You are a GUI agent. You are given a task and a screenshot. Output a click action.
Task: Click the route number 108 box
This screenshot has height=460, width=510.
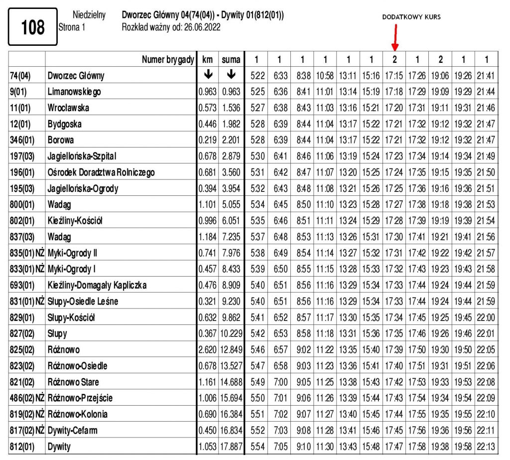point(33,27)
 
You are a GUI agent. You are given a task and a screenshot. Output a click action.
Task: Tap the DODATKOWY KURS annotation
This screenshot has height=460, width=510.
point(411,16)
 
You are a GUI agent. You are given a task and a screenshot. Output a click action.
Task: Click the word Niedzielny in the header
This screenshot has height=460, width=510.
point(89,15)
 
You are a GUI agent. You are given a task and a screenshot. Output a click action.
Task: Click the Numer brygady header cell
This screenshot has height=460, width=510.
point(167,60)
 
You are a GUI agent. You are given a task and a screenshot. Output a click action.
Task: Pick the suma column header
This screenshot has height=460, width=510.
point(231,60)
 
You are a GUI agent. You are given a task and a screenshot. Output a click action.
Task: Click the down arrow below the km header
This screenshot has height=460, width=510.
point(209,75)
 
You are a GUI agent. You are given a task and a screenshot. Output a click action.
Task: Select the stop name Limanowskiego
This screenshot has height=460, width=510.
point(74,92)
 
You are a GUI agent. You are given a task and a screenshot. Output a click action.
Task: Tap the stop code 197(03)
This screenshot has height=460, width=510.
point(22,156)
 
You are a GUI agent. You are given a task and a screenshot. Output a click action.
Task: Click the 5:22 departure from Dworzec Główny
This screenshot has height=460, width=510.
point(256,76)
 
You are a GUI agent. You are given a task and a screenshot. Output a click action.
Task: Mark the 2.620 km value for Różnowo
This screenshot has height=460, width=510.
point(209,350)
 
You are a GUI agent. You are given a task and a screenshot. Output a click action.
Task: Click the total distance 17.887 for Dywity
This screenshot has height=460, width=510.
point(231,447)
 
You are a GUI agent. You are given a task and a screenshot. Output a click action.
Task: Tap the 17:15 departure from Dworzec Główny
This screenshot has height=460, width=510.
point(394,76)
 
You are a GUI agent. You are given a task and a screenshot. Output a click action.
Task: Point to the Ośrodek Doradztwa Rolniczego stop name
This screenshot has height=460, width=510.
point(101,172)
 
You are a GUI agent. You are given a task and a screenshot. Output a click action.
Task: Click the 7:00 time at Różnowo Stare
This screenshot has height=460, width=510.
point(279,382)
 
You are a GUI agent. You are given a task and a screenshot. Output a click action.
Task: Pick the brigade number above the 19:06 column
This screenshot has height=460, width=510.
point(440,60)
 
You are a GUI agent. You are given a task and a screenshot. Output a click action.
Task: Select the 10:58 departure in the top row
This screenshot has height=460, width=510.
point(325,76)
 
